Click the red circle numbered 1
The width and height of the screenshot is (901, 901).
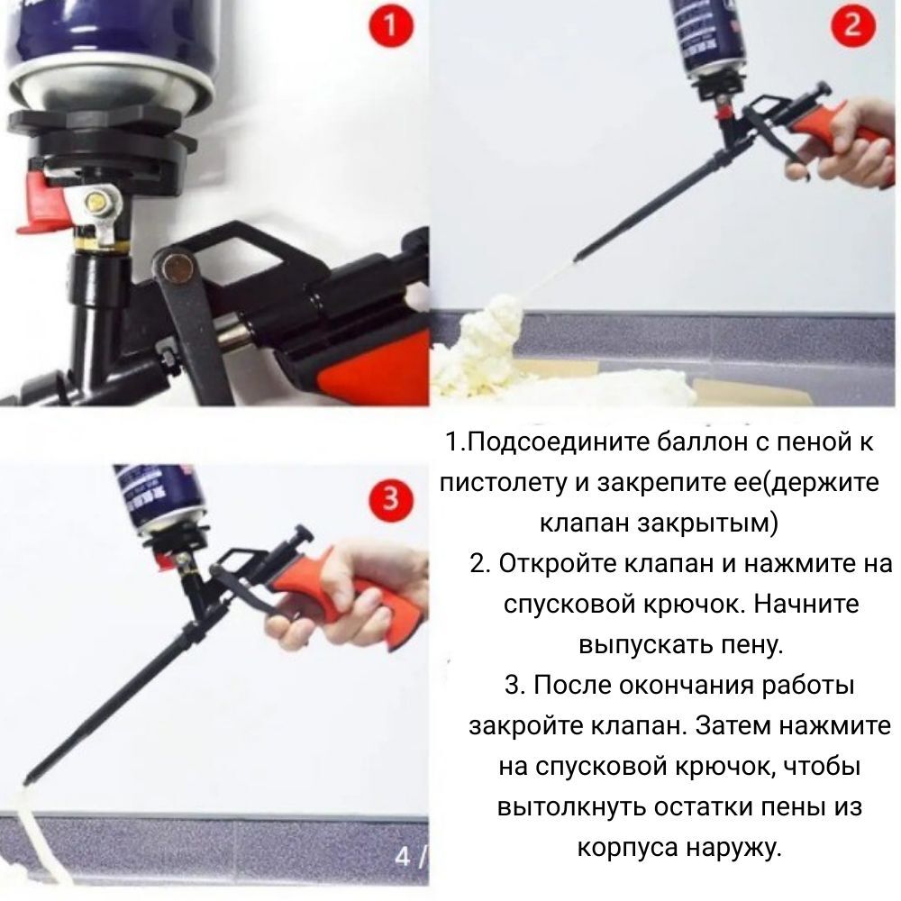click(391, 25)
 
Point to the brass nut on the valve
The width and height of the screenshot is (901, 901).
click(96, 202)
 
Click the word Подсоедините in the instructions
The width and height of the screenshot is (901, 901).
click(555, 441)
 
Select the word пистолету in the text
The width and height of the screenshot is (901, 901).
click(503, 483)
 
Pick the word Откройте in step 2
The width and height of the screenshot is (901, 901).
click(558, 564)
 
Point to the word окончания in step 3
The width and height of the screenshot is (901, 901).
click(687, 686)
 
